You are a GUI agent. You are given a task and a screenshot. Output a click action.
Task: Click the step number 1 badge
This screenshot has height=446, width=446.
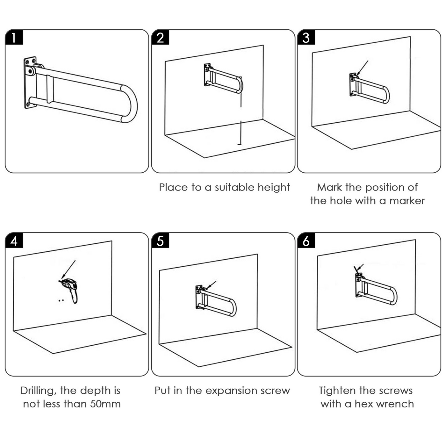[14, 38]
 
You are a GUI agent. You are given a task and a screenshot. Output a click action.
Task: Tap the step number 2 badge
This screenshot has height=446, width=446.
[160, 38]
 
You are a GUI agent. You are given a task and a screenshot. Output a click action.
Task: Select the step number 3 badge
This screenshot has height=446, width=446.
[306, 38]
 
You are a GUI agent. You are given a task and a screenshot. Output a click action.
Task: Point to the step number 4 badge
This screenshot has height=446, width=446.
[14, 241]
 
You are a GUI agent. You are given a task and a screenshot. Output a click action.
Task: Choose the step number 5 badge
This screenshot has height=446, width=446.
[160, 241]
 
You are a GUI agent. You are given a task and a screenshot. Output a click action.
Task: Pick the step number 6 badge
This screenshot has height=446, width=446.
[306, 241]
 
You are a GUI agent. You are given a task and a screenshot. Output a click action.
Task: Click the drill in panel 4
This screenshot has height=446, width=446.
[70, 288]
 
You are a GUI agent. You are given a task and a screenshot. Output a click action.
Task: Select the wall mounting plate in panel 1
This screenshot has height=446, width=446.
[30, 83]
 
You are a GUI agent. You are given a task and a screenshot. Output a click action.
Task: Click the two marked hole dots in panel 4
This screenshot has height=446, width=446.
[61, 300]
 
